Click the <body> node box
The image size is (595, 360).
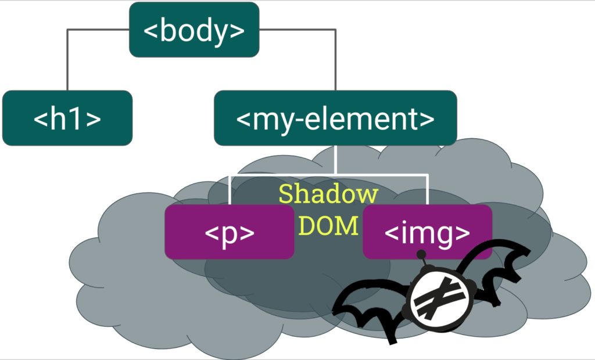pyautogui.click(x=193, y=30)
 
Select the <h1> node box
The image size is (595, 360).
pyautogui.click(x=67, y=118)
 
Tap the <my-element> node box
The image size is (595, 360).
pyautogui.click(x=335, y=118)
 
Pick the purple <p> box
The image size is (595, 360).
pyautogui.click(x=230, y=232)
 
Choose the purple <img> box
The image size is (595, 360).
pyautogui.click(x=427, y=232)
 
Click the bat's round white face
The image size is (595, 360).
pyautogui.click(x=438, y=299)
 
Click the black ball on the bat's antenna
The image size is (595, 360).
pyautogui.click(x=421, y=254)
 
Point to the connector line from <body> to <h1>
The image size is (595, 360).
pyautogui.click(x=68, y=58)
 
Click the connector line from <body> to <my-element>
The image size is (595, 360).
pyautogui.click(x=335, y=58)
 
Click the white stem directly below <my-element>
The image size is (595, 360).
pyautogui.click(x=335, y=159)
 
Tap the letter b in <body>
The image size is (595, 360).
pyautogui.click(x=167, y=30)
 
